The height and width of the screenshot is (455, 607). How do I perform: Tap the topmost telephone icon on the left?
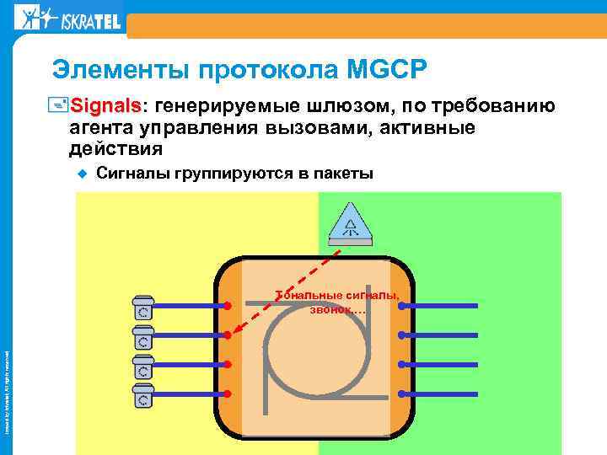[x=143, y=306]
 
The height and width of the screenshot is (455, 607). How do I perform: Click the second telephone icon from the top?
[x=143, y=336]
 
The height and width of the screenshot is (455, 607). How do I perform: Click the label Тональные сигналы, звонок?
[x=337, y=301]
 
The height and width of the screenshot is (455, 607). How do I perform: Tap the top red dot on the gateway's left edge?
[x=228, y=306]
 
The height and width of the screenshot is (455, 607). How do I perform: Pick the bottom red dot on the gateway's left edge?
[x=228, y=393]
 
